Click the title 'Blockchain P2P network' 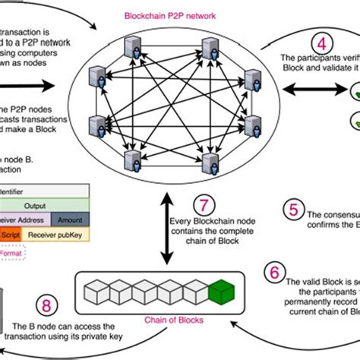pos(180,14)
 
